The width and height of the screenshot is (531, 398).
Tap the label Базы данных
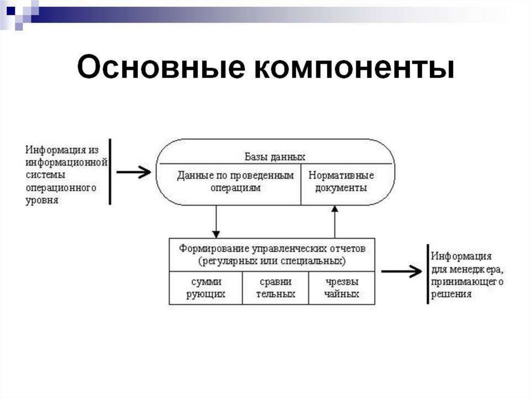tap(275, 156)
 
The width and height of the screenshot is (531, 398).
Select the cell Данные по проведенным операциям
tap(235, 182)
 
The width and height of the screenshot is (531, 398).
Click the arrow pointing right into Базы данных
tap(134, 172)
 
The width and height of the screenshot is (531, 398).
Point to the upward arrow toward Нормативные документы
tap(334, 221)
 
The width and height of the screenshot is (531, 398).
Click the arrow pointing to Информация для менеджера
tap(402, 271)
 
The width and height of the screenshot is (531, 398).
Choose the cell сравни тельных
tap(275, 288)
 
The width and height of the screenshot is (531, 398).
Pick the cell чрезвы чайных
tap(342, 288)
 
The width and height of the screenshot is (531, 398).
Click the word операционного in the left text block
tap(61, 187)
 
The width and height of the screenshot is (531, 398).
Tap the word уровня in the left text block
tap(41, 200)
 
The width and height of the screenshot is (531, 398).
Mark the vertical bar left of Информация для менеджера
tap(427, 273)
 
